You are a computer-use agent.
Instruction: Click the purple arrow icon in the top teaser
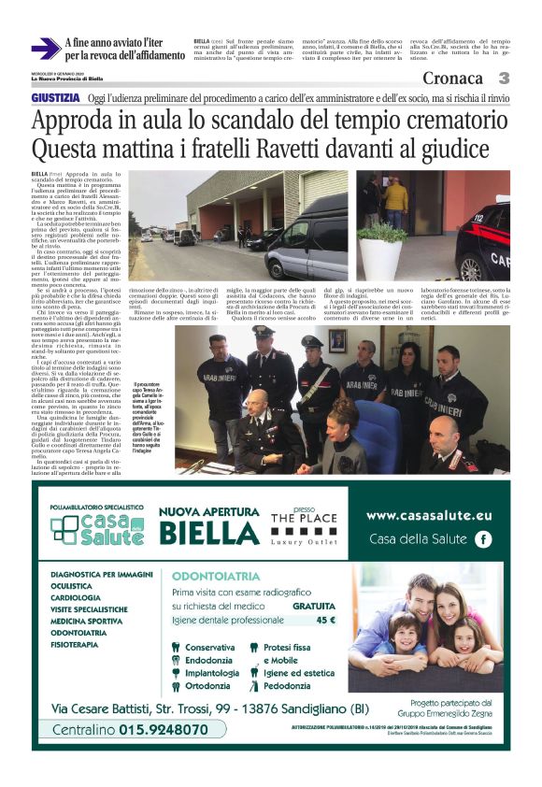pos(45,49)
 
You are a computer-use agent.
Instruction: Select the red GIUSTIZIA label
pos(55,97)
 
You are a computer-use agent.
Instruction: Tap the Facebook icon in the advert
pos(483,538)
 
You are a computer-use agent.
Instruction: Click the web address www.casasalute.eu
pos(428,515)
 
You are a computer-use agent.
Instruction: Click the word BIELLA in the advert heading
pos(210,534)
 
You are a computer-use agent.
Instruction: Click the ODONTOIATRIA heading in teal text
pos(208,577)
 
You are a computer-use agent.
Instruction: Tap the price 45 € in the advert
pos(325,619)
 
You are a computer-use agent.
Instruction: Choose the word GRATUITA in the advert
pos(313,606)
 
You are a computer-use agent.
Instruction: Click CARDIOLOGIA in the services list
pos(77,596)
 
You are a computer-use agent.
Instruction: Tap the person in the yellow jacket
pos(396,197)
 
